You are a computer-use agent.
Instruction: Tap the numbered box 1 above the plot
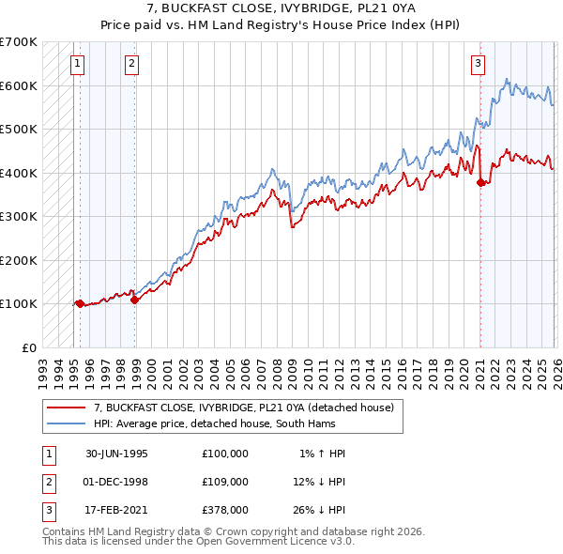pos(76,64)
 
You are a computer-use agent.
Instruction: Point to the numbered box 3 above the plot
pos(478,64)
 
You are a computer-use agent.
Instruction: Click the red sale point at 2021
pos(481,182)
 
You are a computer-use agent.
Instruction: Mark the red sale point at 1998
pos(135,300)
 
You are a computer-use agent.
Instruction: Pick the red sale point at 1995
pos(80,303)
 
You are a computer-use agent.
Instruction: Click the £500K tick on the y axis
pos(19,129)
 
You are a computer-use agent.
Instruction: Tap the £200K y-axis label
pos(19,260)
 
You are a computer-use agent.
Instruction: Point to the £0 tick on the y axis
pos(28,347)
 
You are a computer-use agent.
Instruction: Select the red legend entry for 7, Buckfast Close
pos(248,408)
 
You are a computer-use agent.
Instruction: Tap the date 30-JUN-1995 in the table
pos(116,454)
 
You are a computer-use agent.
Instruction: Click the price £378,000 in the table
pos(224,510)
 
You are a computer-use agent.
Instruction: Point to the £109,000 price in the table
pos(224,482)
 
